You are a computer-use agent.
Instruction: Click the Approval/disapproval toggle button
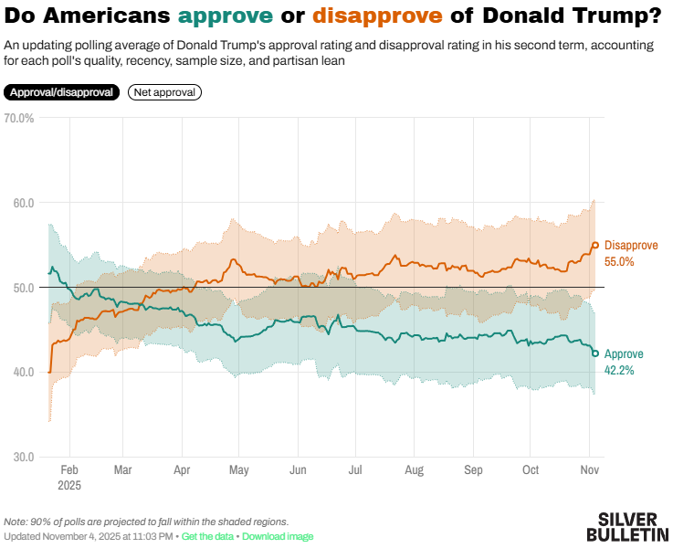point(61,92)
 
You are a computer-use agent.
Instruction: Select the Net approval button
point(164,92)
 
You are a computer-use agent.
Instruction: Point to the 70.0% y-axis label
point(19,118)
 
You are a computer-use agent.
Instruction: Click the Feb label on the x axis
point(69,469)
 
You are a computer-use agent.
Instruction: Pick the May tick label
point(239,469)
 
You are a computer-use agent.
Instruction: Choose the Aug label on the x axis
point(414,469)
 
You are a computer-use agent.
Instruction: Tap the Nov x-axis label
point(589,469)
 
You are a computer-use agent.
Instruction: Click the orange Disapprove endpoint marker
point(595,245)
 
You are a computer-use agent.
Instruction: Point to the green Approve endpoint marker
point(595,353)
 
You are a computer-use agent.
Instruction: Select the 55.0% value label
point(619,262)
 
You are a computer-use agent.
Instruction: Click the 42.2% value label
point(619,370)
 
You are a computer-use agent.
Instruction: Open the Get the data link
point(207,536)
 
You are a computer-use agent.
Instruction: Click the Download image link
point(278,536)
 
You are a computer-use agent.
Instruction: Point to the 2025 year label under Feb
point(69,486)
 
